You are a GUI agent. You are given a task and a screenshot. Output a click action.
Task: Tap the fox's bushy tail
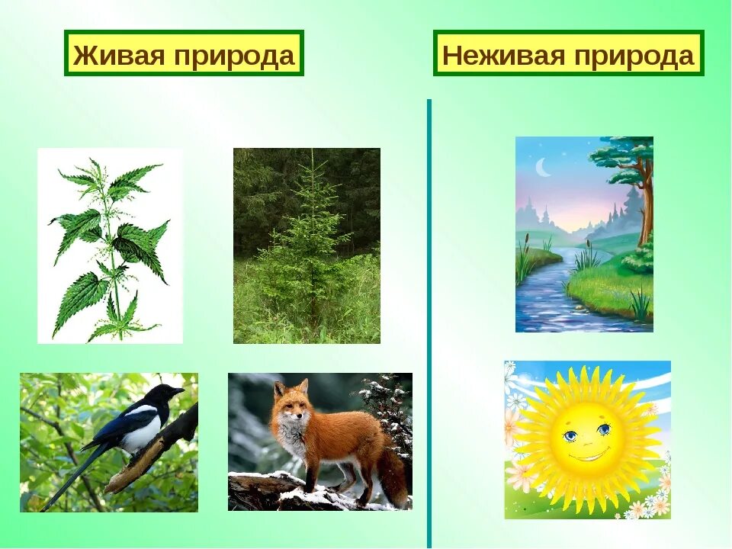coord(392,477)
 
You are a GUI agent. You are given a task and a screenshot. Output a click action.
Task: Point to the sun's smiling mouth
coord(588,456)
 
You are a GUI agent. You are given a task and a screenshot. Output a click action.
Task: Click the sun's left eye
coord(570,435)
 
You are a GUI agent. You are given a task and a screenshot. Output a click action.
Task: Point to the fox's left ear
coord(279,389)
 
